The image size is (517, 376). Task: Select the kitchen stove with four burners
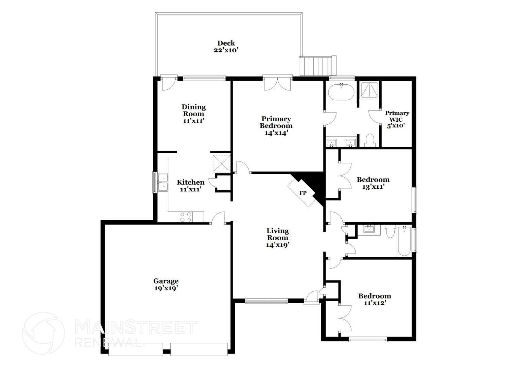(186, 217)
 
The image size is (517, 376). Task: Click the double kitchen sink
(163, 183)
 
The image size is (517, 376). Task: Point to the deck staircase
(317, 66)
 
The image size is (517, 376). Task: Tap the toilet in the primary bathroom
(369, 140)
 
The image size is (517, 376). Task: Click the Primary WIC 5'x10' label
(397, 119)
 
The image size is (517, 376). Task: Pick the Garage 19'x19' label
(166, 285)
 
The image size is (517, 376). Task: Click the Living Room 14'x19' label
(277, 238)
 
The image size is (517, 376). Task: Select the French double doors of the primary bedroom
(278, 83)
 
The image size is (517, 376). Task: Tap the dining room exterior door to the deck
(168, 84)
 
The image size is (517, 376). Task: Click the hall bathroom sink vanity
(369, 229)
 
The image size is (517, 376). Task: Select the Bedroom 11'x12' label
(375, 299)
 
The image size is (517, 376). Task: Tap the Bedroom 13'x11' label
(373, 183)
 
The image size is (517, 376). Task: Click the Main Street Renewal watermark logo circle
(43, 333)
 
